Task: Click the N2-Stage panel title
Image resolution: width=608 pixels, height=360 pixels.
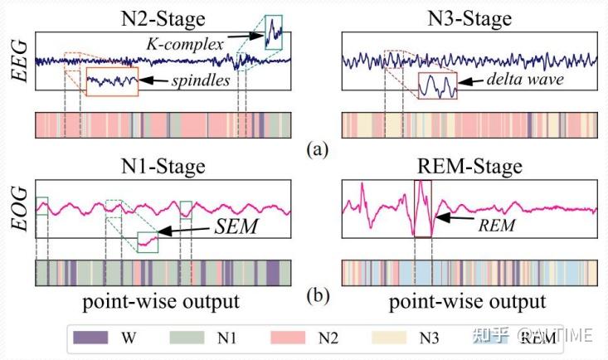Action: point(163,18)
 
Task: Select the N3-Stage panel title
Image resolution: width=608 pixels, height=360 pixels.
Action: point(469,18)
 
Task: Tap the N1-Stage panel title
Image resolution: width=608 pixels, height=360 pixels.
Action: point(163,167)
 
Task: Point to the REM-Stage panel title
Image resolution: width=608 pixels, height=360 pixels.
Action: point(469,167)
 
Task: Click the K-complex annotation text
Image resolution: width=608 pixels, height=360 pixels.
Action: point(185,44)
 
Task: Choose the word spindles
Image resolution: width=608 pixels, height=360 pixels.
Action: point(201,80)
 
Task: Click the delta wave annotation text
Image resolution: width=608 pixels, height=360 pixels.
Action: point(525,79)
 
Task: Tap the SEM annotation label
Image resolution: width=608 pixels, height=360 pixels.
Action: point(236,226)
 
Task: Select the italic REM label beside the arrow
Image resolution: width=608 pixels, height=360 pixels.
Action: point(497,226)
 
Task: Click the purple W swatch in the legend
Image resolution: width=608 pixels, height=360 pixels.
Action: point(90,337)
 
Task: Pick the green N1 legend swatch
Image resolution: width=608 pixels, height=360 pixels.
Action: point(187,337)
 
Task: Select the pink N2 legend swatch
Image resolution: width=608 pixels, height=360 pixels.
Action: point(288,337)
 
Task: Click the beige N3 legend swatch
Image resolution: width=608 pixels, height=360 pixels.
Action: point(389,337)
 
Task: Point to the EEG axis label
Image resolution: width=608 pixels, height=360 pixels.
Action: point(20,61)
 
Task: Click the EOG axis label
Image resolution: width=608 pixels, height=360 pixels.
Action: point(20,209)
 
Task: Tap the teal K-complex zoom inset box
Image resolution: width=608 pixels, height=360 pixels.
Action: point(274,32)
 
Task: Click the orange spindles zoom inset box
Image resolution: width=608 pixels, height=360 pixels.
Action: point(112,81)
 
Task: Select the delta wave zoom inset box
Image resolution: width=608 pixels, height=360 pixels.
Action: point(437,85)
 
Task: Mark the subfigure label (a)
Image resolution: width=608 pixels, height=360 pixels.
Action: point(318,149)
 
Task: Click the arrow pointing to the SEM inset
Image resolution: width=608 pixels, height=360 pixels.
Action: point(184,230)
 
